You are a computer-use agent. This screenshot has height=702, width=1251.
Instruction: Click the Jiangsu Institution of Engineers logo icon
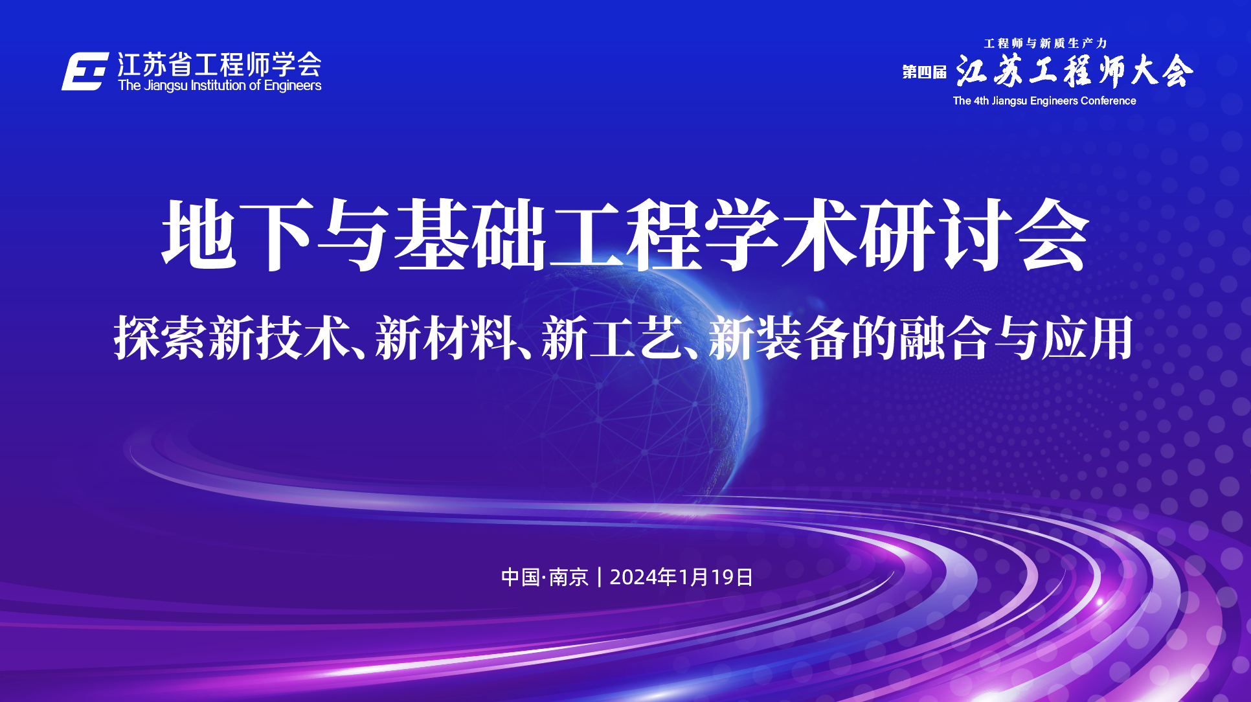coord(85,71)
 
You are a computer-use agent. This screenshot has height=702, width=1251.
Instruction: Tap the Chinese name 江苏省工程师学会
coord(220,65)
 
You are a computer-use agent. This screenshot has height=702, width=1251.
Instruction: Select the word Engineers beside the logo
coord(293,85)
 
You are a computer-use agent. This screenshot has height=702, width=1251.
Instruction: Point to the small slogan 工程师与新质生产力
coord(1045,43)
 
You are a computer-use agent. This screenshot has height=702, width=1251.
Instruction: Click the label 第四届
coord(925,72)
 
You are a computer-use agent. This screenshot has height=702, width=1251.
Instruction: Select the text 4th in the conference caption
coord(982,101)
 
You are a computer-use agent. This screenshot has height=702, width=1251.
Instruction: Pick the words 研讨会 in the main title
coord(974,234)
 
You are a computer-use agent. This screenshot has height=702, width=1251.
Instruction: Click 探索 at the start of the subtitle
coord(161,337)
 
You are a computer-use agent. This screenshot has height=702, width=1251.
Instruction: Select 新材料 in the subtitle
coord(446,337)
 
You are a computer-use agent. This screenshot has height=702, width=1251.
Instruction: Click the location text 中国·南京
coord(545,577)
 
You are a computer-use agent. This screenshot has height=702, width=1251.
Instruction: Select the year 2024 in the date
coord(633,577)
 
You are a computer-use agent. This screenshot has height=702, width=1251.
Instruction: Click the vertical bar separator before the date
coord(600,577)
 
